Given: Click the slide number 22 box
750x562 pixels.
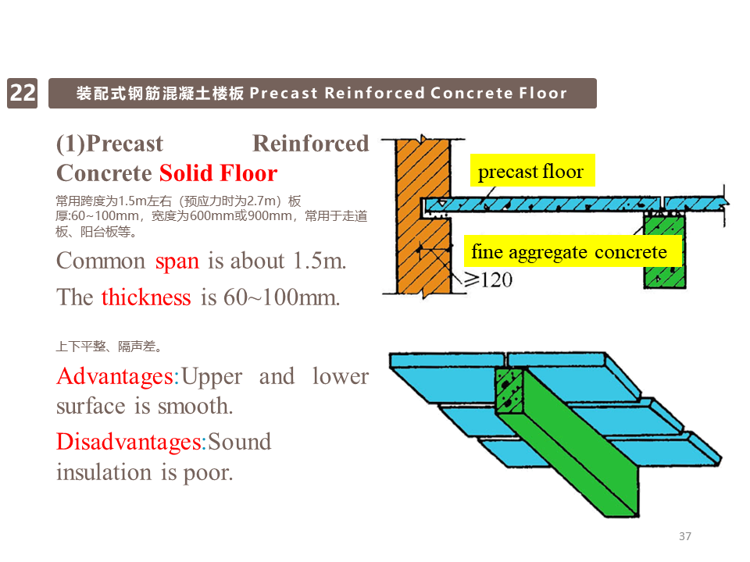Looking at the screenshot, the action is [x=23, y=93].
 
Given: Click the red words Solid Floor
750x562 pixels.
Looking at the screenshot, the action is [x=218, y=173].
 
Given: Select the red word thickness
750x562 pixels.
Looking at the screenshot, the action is [x=146, y=297].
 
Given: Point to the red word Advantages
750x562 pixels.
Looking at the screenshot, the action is [x=116, y=377].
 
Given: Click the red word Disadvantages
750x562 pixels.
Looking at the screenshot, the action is [x=129, y=443].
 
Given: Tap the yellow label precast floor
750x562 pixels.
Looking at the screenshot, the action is [x=532, y=171].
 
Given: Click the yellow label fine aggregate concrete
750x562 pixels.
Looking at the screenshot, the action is [x=573, y=251].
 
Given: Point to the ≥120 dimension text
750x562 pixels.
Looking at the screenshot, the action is [x=488, y=279].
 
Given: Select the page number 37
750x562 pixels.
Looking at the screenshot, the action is [x=685, y=536].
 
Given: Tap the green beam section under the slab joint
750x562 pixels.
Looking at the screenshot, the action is [x=664, y=251].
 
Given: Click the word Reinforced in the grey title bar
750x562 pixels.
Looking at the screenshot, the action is [x=375, y=93].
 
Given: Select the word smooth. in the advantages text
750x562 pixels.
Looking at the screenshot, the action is [x=195, y=406].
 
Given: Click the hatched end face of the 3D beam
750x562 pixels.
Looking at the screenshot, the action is [x=509, y=390].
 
